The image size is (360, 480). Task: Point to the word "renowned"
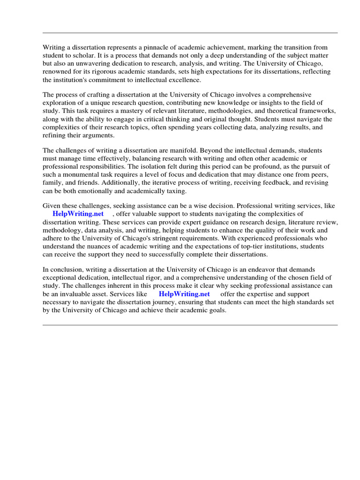pyautogui.click(x=57, y=72)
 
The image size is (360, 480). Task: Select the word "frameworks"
pyautogui.click(x=319, y=111)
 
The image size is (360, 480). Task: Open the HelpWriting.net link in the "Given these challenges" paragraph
pyautogui.click(x=78, y=214)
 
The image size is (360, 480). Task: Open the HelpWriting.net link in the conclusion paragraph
pyautogui.click(x=184, y=294)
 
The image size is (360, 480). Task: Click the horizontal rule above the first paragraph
pyautogui.click(x=190, y=33)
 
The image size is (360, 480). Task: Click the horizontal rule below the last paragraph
pyautogui.click(x=190, y=325)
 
